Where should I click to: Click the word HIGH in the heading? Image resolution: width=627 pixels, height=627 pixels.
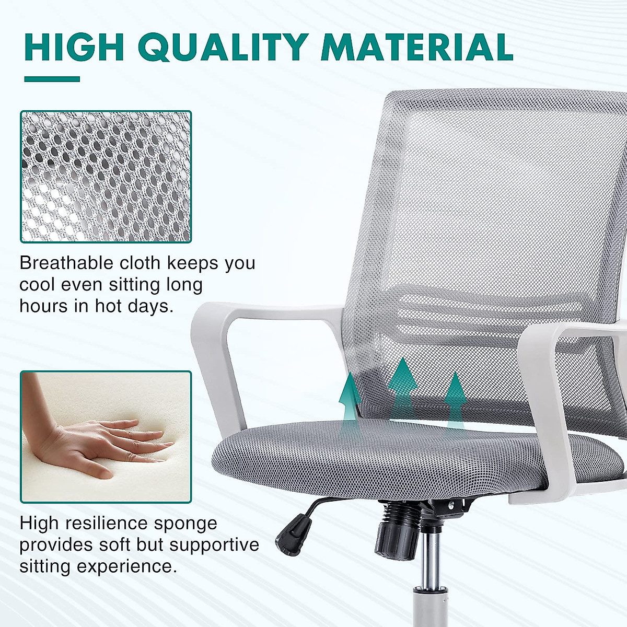click(74, 48)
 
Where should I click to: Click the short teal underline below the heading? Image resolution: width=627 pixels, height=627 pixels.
click(52, 79)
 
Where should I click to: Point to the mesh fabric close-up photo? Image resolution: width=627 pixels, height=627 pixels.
click(106, 177)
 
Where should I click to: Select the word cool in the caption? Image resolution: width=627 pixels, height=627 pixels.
click(37, 285)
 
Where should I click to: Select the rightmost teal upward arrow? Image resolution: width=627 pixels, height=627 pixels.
click(456, 400)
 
